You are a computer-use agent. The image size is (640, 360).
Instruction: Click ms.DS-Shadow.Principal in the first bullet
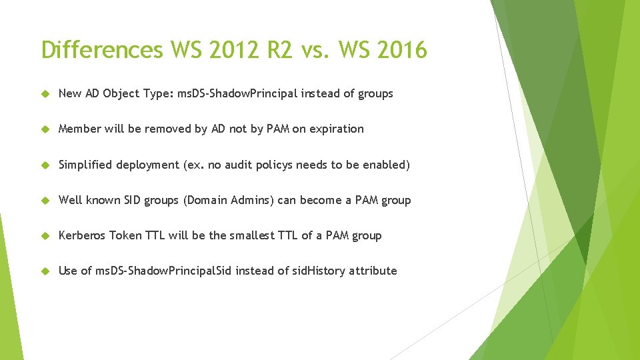237,93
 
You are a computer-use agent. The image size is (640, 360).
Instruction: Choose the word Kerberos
82,235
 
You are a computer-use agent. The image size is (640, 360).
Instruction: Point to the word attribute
373,271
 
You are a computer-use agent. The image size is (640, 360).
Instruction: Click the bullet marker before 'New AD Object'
45,94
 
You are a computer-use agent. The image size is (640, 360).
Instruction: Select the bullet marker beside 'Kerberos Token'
45,236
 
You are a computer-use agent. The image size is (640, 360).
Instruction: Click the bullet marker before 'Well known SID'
45,201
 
